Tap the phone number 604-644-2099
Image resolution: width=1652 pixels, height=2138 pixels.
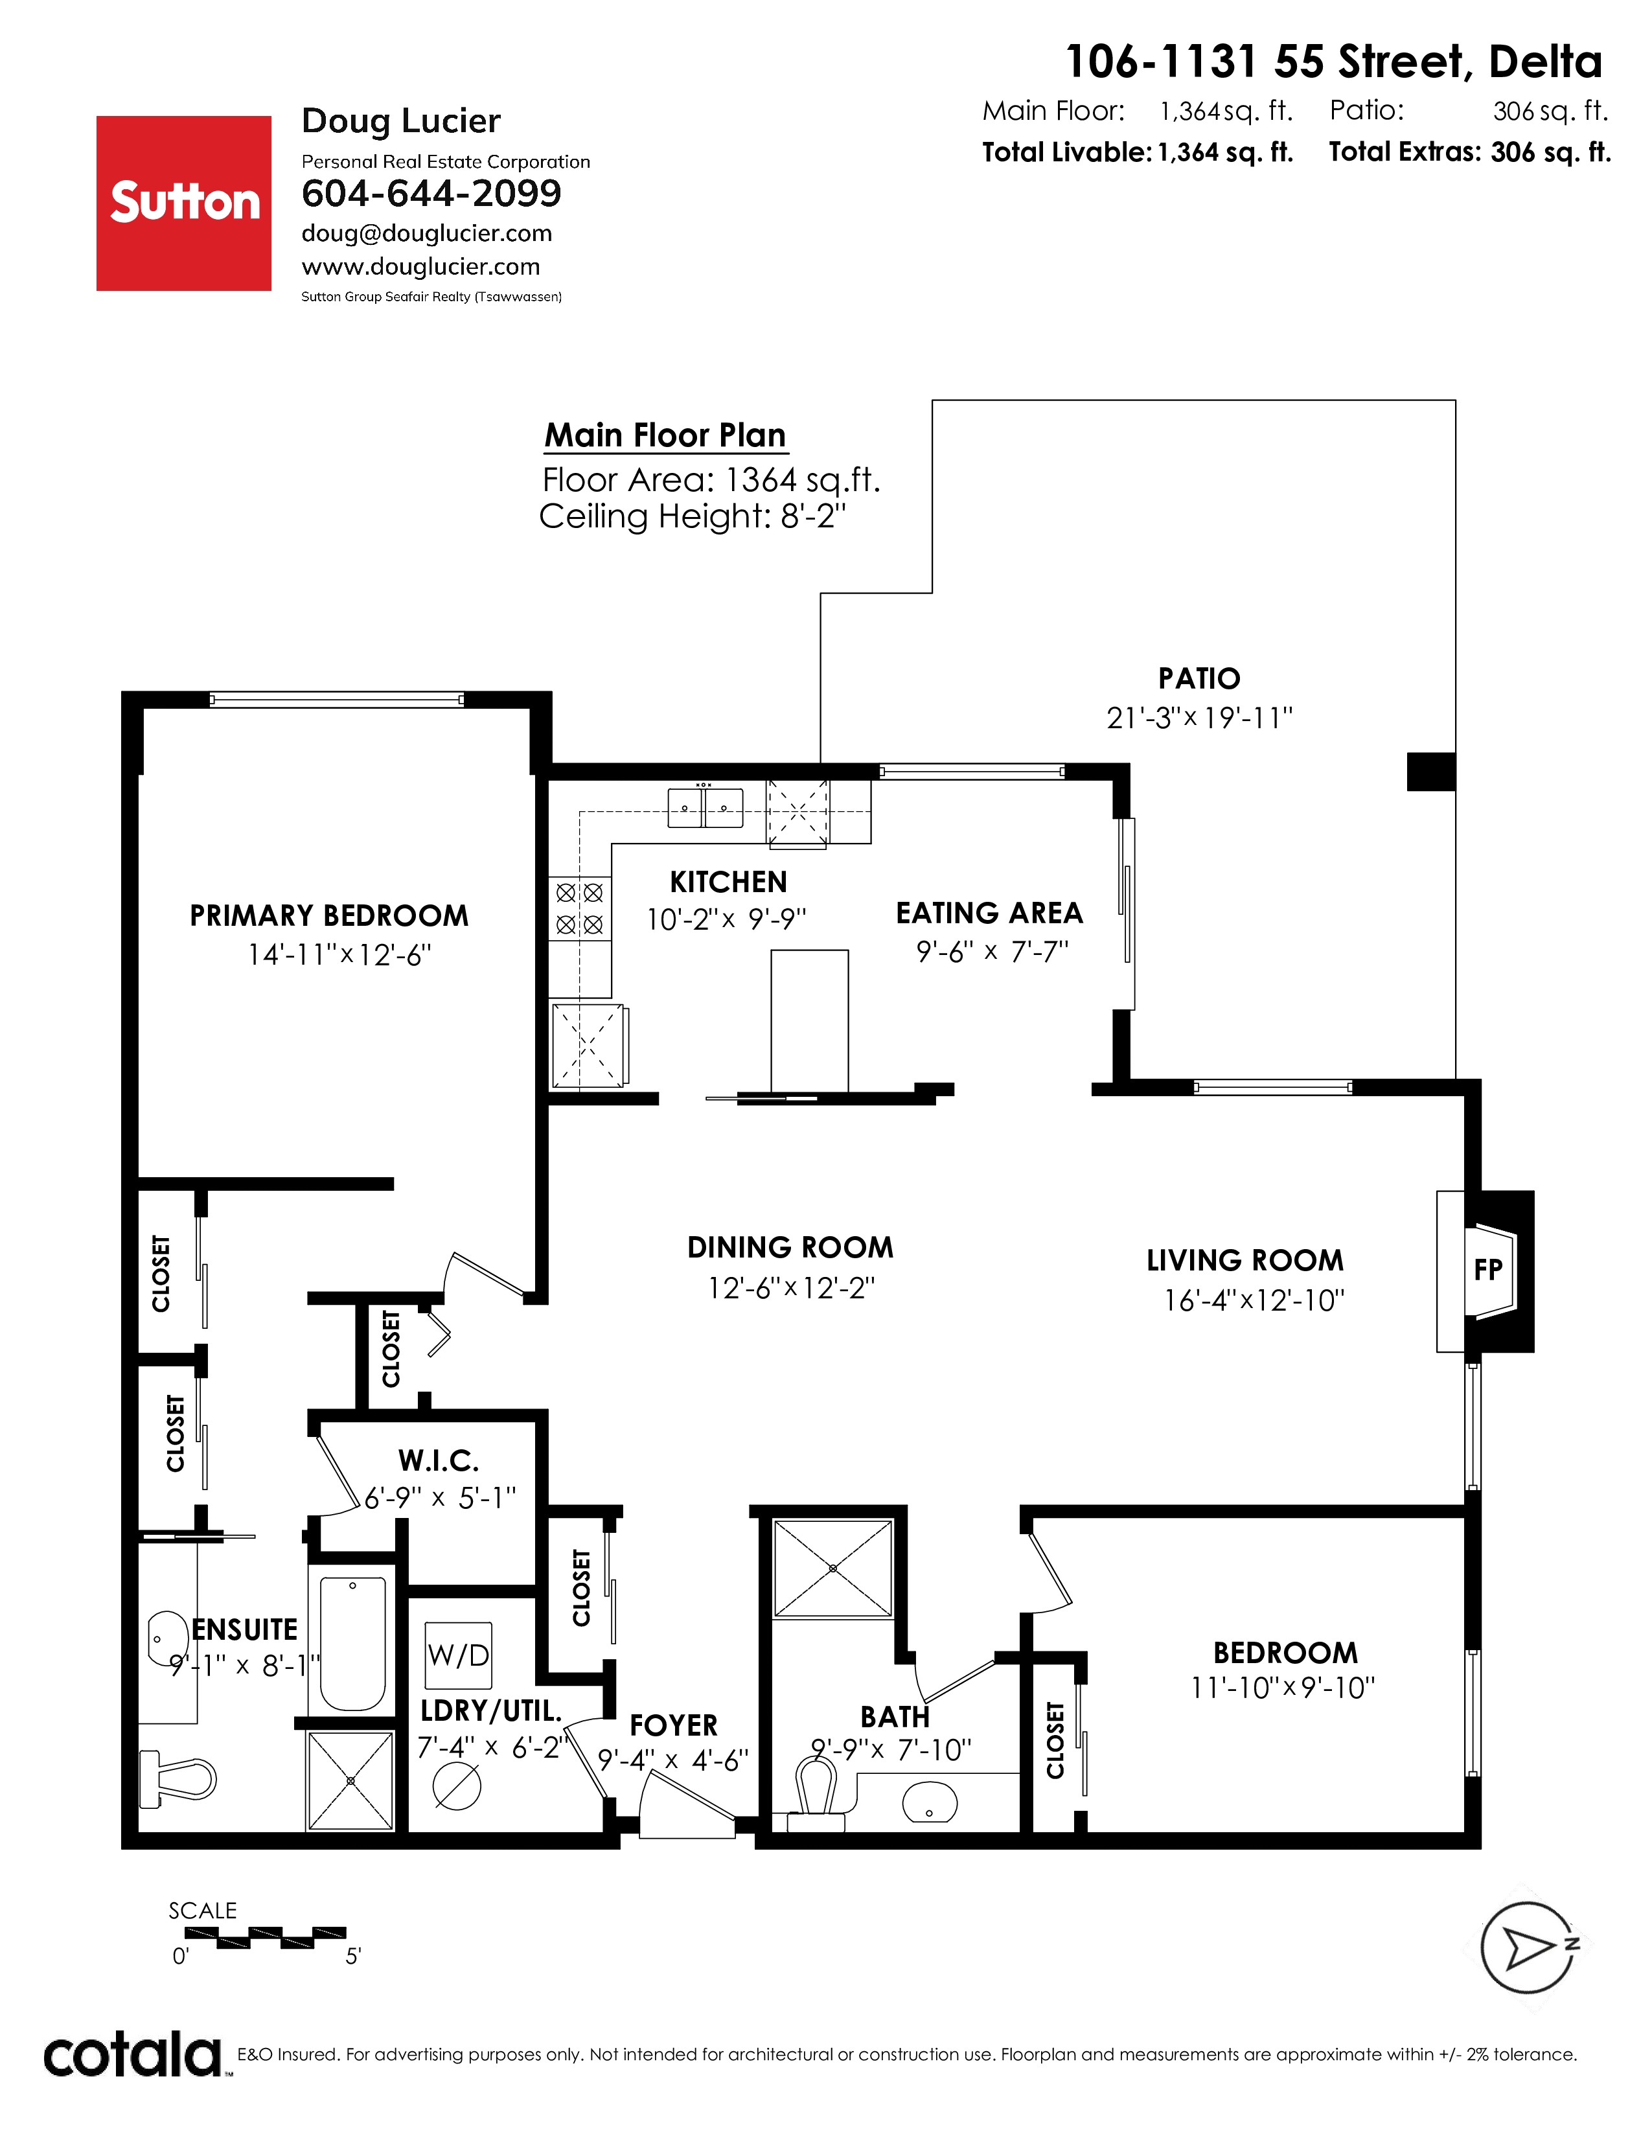click(x=431, y=194)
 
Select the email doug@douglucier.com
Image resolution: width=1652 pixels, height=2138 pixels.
click(x=427, y=233)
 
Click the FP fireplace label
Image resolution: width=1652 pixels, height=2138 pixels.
click(x=1487, y=1270)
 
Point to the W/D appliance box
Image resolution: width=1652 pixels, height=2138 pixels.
click(x=458, y=1655)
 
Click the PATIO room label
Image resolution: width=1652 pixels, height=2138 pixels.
click(x=1199, y=678)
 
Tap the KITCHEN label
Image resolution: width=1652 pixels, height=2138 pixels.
click(x=728, y=882)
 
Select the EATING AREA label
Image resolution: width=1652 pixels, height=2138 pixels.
click(x=989, y=914)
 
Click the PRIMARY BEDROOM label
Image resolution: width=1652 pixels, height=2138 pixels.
click(x=329, y=916)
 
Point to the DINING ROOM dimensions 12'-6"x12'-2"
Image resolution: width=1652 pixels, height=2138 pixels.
click(x=791, y=1288)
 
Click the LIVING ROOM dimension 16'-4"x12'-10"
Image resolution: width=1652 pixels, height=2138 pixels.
click(x=1254, y=1300)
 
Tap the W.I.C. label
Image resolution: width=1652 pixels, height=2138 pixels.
click(x=439, y=1462)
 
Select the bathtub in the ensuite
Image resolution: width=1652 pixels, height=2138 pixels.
click(x=353, y=1644)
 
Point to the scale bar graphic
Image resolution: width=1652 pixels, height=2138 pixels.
click(x=265, y=1937)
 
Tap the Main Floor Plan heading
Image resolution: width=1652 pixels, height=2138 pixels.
click(x=665, y=435)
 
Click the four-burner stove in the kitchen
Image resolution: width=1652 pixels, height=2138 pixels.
click(x=579, y=908)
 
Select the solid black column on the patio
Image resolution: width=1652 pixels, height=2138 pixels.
click(x=1431, y=772)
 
